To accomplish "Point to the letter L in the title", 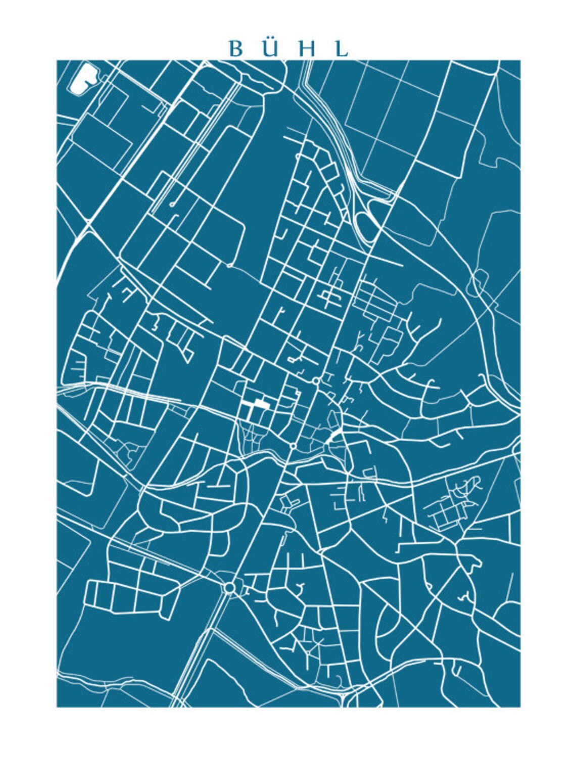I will pyautogui.click(x=342, y=49).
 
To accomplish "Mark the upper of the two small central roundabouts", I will pyautogui.click(x=316, y=380).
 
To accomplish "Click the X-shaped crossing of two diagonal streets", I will pyautogui.click(x=415, y=629).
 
